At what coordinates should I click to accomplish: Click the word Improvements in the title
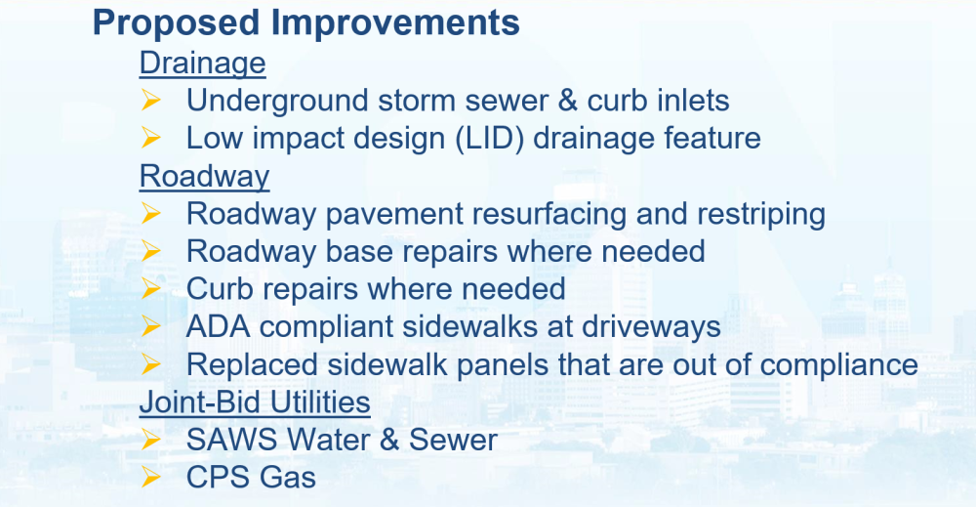pyautogui.click(x=395, y=23)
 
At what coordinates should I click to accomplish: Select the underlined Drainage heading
pyautogui.click(x=202, y=63)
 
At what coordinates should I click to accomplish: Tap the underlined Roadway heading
pyautogui.click(x=204, y=177)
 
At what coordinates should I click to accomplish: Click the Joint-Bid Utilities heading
pyautogui.click(x=255, y=401)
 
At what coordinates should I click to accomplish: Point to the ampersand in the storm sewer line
pyautogui.click(x=568, y=101)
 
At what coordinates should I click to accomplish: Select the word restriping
pyautogui.click(x=761, y=215)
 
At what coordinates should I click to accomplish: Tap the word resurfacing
pyautogui.click(x=549, y=215)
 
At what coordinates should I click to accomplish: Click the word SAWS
pyautogui.click(x=231, y=440)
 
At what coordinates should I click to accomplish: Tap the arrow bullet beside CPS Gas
pyautogui.click(x=150, y=477)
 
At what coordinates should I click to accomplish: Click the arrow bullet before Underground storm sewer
pyautogui.click(x=150, y=100)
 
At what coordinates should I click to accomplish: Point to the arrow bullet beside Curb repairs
pyautogui.click(x=150, y=288)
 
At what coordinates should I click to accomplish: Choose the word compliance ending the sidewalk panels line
pyautogui.click(x=839, y=365)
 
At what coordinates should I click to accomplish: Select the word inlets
pyautogui.click(x=692, y=101)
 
